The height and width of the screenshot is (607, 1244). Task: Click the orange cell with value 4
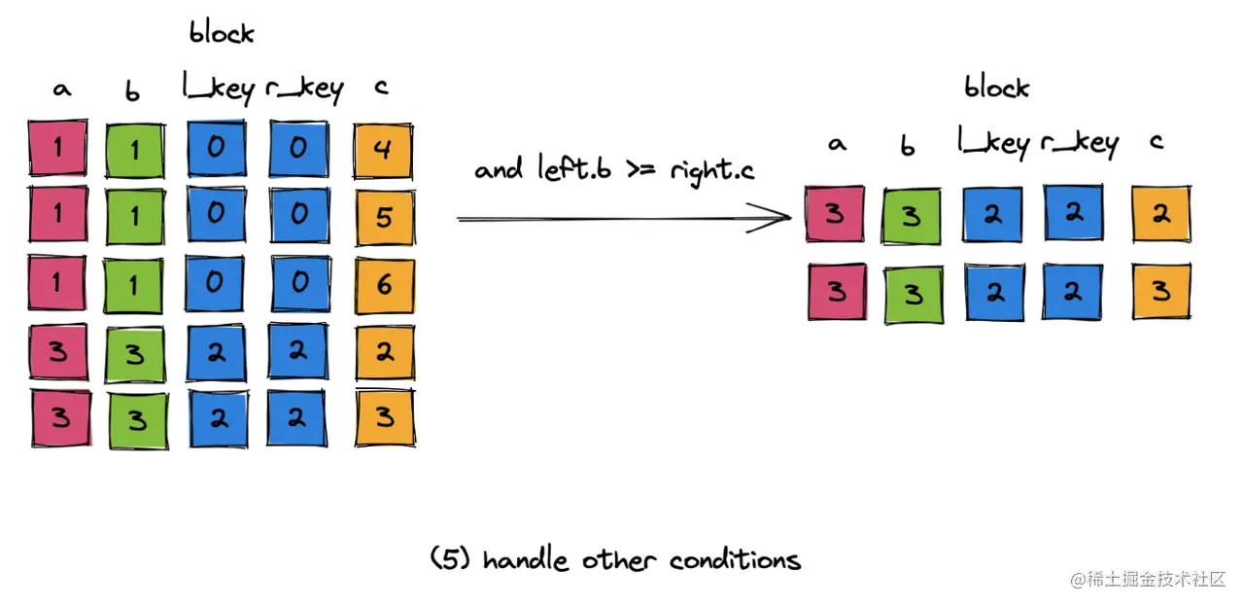pos(384,149)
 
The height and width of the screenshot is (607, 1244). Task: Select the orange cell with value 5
pos(384,216)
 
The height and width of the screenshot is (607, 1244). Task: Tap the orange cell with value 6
pos(384,283)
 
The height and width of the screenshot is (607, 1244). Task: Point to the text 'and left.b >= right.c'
pos(615,170)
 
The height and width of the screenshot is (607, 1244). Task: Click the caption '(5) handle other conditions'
pos(615,560)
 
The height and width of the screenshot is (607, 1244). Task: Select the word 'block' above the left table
pos(222,33)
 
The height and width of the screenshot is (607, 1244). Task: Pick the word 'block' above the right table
pos(996,88)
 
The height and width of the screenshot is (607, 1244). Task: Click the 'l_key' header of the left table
pos(218,89)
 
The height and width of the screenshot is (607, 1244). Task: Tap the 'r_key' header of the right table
pos(1079,144)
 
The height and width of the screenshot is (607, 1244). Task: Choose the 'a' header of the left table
pos(61,89)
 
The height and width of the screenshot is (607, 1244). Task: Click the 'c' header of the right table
pos(1157,142)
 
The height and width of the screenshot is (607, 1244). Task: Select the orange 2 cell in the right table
pos(1160,215)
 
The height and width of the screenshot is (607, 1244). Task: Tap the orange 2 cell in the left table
pos(384,351)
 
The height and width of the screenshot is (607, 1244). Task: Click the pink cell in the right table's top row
pos(835,214)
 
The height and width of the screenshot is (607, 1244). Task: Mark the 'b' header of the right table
pos(908,146)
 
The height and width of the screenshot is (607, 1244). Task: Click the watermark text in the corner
pos(1149,580)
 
